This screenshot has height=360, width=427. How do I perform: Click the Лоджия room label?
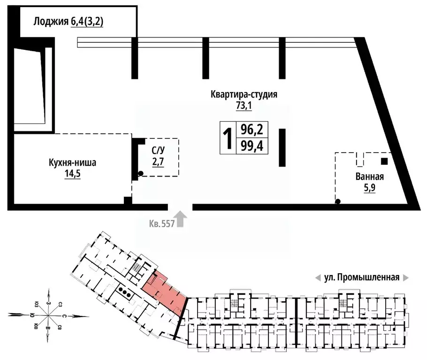(51, 21)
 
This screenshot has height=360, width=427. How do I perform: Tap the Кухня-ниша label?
(73, 163)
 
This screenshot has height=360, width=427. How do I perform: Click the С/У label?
(158, 151)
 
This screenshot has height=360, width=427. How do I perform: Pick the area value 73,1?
(244, 106)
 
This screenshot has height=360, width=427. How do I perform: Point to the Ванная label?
(370, 177)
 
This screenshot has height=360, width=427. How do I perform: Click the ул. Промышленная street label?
(361, 277)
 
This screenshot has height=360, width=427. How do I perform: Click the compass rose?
(48, 315)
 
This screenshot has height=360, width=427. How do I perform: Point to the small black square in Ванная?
(384, 162)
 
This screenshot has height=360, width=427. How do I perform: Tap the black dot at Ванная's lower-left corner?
(337, 202)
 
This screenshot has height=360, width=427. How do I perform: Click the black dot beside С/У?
(140, 174)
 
